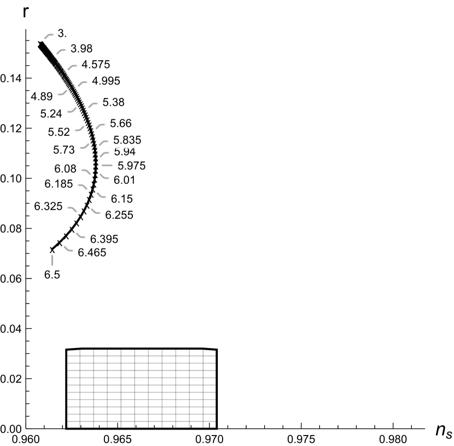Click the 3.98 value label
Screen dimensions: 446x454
click(82, 49)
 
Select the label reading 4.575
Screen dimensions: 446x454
click(96, 65)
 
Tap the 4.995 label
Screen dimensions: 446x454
click(106, 81)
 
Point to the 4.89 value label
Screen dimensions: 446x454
click(42, 97)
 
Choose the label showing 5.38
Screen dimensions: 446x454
click(113, 102)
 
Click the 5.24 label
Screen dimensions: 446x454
click(51, 114)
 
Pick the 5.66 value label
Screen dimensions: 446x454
click(120, 123)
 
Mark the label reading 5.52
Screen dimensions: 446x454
click(59, 132)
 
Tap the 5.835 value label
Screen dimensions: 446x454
click(127, 140)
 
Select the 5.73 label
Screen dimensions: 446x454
click(64, 149)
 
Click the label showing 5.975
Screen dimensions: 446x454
click(131, 165)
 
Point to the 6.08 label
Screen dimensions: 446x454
click(66, 169)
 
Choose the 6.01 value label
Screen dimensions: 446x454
click(124, 179)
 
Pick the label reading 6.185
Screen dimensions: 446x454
click(59, 184)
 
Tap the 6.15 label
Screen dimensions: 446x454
click(121, 198)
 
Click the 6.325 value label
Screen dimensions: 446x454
click(48, 207)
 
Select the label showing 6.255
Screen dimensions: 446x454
click(119, 215)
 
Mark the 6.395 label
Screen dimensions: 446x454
click(103, 239)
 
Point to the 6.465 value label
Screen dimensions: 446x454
click(92, 253)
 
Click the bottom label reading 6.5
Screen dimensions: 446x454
click(52, 275)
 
